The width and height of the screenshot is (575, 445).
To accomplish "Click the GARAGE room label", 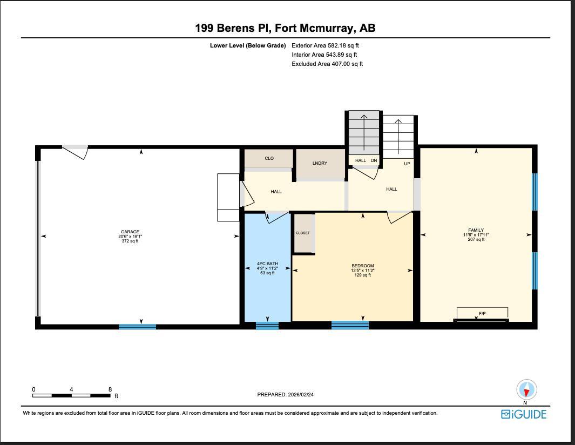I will (x=130, y=232).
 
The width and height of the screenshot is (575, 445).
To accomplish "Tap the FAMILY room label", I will (x=476, y=230).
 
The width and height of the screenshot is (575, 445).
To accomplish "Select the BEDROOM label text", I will (x=362, y=266).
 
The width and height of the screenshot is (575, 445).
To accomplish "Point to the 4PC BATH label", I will (x=267, y=264).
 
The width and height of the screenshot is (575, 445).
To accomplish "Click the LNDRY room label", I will (x=320, y=163).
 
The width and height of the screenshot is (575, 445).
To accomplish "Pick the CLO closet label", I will (x=269, y=158).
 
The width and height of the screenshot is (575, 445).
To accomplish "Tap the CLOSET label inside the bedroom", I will (x=303, y=233).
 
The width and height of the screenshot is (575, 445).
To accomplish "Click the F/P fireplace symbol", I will (x=482, y=314).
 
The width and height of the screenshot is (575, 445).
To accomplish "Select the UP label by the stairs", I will (x=407, y=164).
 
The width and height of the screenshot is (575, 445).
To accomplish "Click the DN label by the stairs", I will (x=374, y=160).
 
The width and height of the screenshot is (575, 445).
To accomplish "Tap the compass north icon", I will (x=526, y=389).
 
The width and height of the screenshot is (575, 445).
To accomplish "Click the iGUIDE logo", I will (x=524, y=414).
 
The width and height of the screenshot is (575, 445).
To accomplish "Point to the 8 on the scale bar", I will (x=110, y=389).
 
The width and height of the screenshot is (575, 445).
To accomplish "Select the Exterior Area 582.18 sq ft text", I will (x=325, y=46).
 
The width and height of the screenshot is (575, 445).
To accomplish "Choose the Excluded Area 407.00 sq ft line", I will (x=327, y=64).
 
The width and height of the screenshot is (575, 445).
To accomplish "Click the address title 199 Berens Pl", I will (x=285, y=28).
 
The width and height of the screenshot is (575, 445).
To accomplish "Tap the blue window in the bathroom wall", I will (x=267, y=325).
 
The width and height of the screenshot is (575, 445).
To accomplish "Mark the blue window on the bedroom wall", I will (x=350, y=325).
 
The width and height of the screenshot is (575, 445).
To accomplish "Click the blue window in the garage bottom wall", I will (x=137, y=327).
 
